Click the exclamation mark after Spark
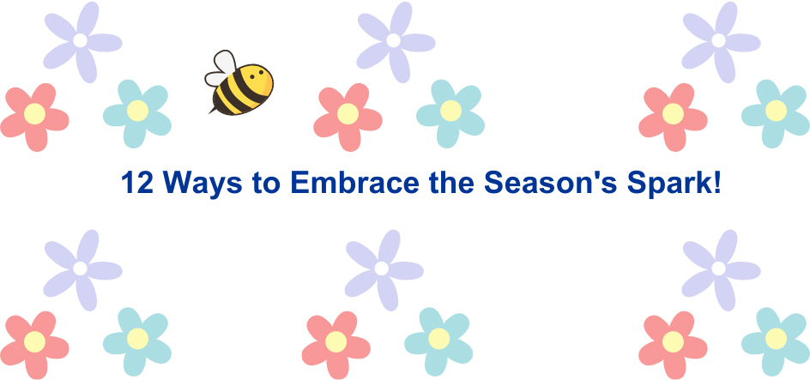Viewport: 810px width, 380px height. (x=716, y=183)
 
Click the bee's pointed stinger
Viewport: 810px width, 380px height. (x=211, y=111)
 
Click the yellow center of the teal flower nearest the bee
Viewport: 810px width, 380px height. (x=137, y=111)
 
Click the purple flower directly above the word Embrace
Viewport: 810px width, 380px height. (x=393, y=40)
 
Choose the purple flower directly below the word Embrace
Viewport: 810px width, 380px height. (x=381, y=268)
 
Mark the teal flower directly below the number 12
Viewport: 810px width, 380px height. (x=137, y=339)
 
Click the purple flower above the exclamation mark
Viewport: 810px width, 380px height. (x=718, y=40)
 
